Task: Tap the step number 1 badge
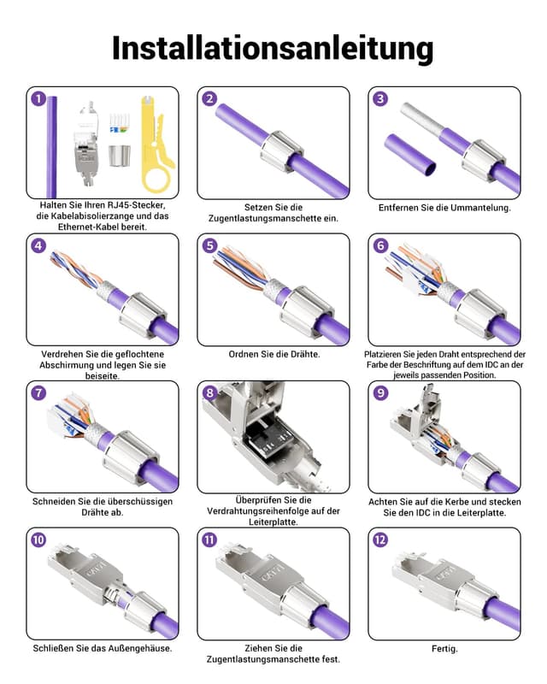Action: [x=38, y=98]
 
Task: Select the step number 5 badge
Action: [x=209, y=245]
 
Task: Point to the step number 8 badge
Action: [x=209, y=392]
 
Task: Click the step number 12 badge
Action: [x=380, y=540]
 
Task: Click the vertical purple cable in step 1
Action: [x=52, y=145]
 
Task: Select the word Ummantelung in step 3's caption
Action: [x=475, y=208]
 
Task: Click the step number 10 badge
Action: [x=38, y=540]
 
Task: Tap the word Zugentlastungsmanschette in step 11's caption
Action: [x=273, y=659]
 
